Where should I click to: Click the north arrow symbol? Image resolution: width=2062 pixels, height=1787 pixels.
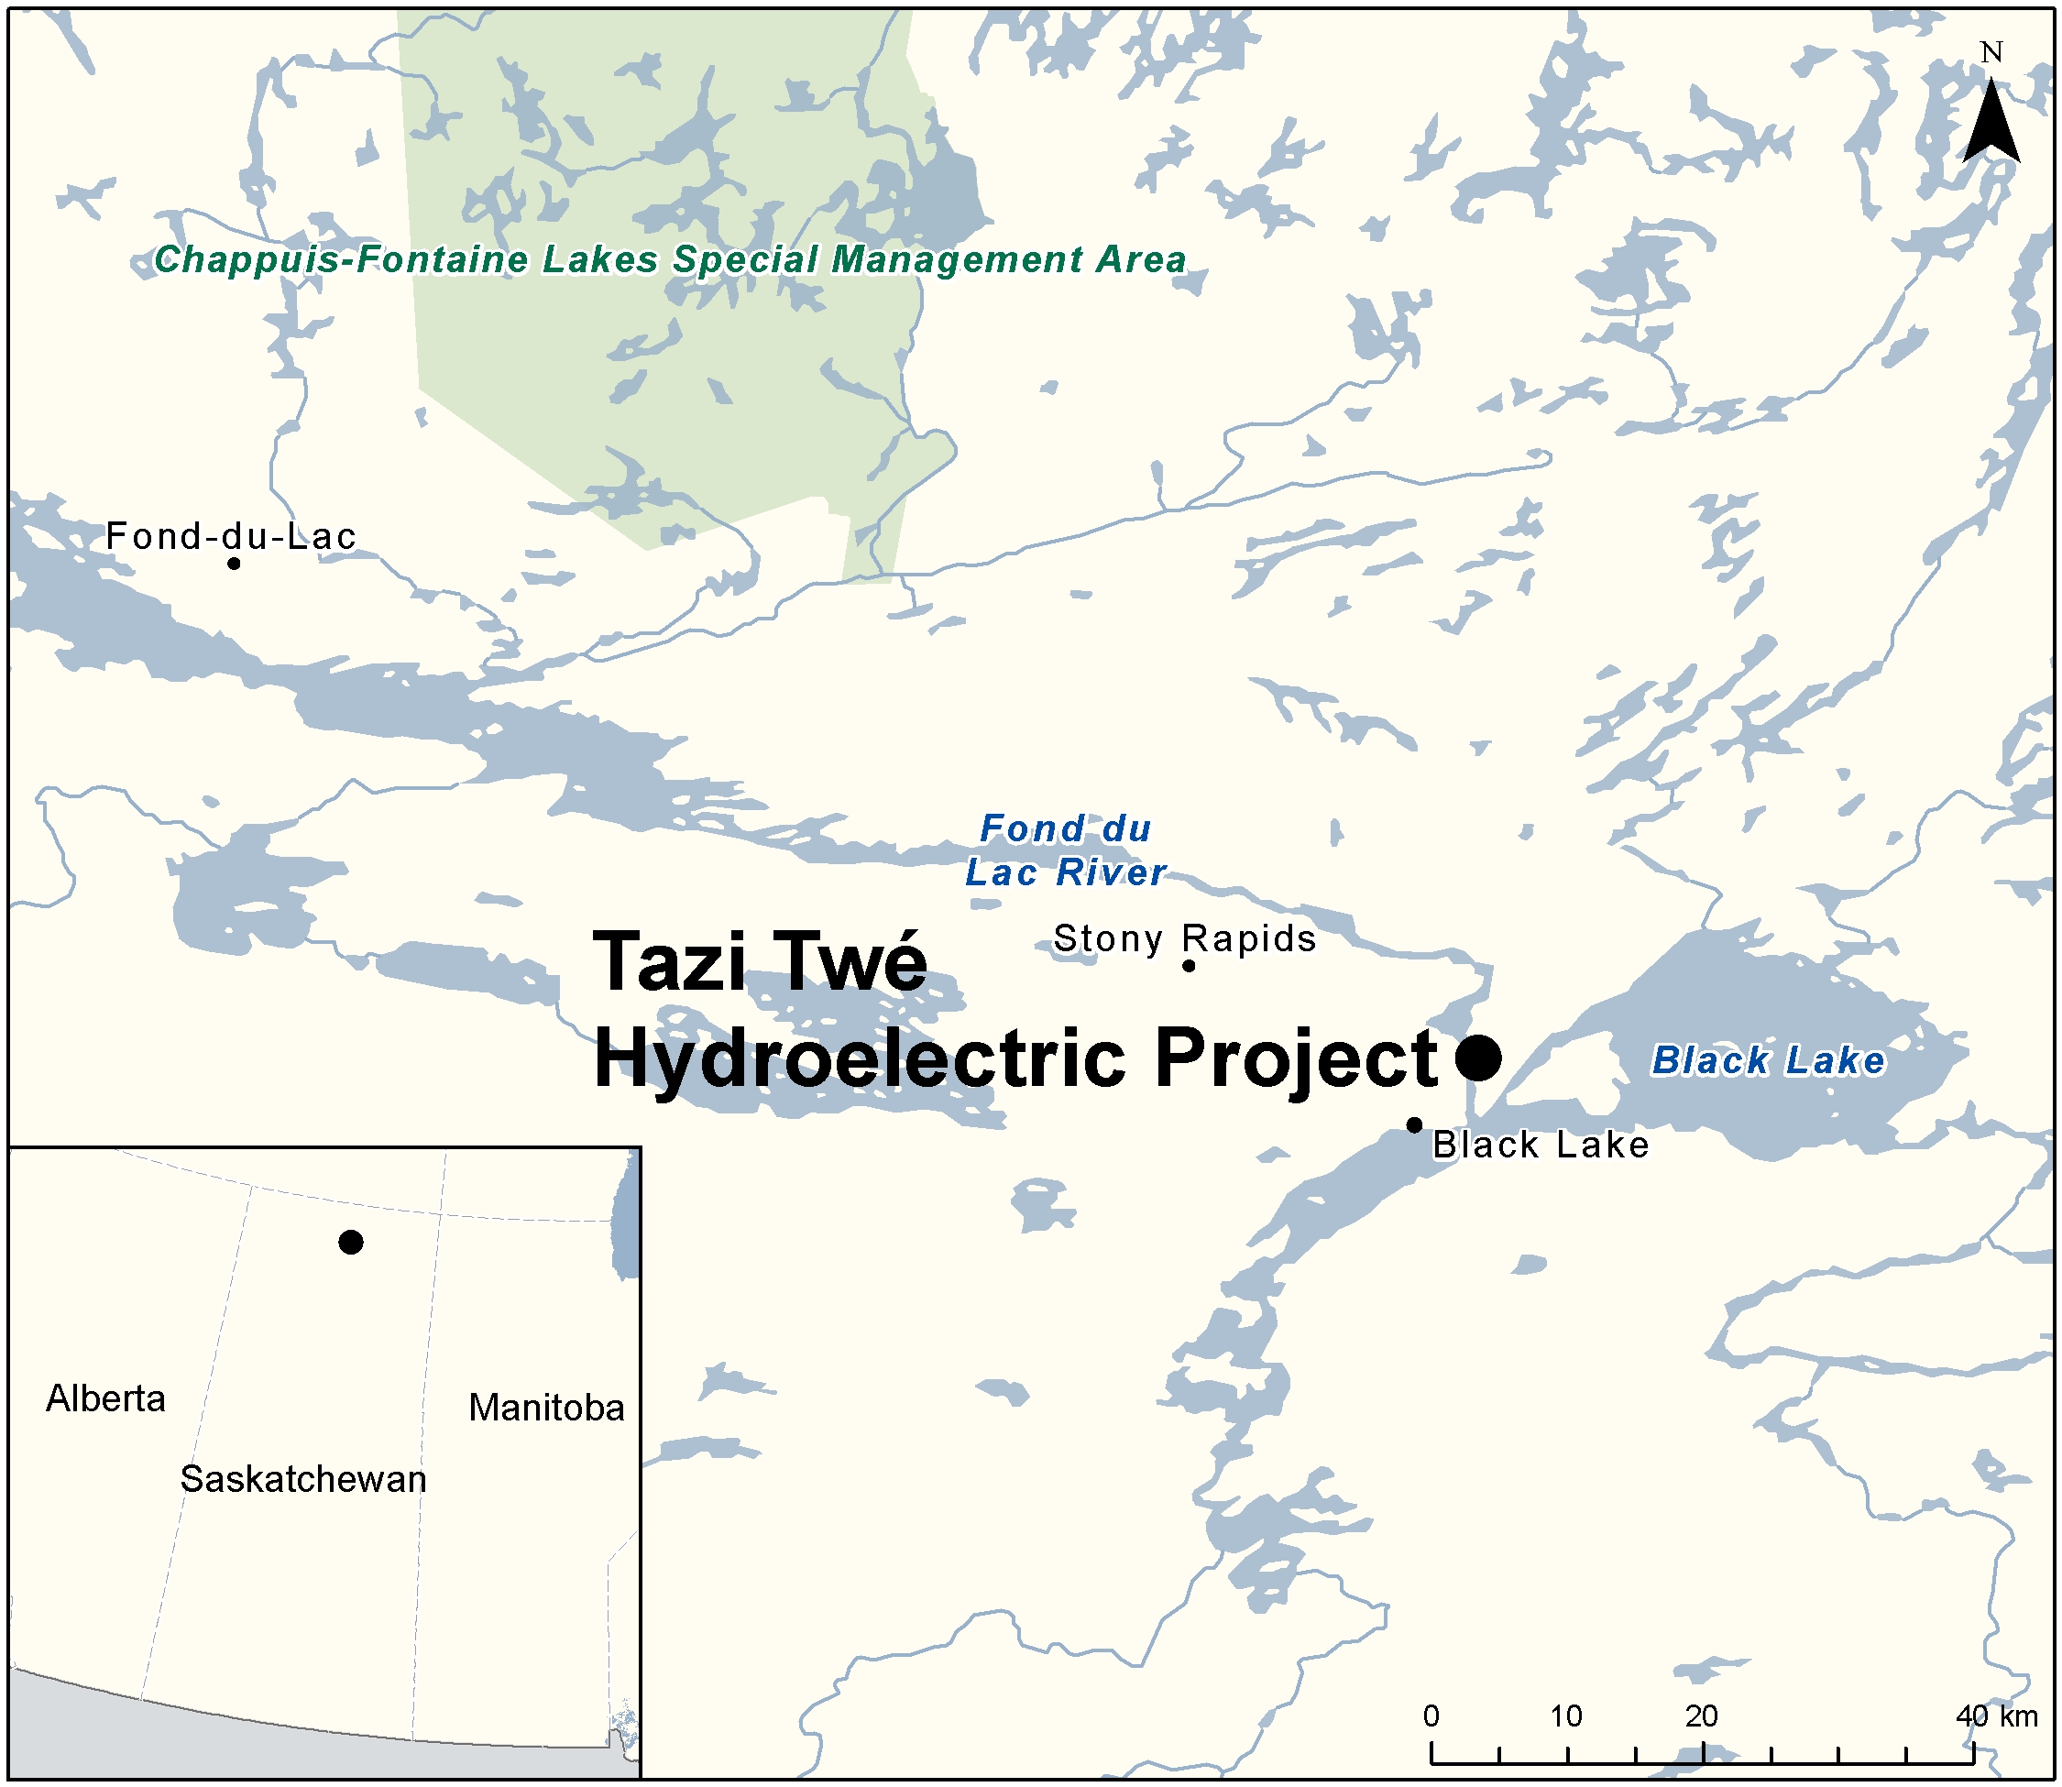pos(1991,125)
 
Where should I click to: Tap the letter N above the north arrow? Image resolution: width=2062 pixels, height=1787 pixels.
pos(1991,53)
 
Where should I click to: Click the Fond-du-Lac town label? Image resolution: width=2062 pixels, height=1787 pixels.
pos(230,536)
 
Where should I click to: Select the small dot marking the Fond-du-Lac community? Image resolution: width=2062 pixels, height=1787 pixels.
pos(234,564)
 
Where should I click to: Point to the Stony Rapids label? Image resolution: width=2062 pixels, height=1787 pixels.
pos(1185,938)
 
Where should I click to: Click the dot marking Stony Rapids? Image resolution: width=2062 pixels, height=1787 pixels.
pos(1189,965)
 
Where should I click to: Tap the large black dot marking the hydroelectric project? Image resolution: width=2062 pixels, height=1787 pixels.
pos(1479,1057)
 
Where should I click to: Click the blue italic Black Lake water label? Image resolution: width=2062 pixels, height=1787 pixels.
pos(1768,1060)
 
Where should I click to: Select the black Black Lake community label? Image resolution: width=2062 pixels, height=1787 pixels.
pos(1541,1145)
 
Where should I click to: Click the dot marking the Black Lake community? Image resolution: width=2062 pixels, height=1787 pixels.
pos(1414,1124)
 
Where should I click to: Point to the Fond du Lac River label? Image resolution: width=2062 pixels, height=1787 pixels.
pos(1065,850)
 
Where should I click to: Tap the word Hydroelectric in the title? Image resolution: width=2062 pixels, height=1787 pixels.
pos(860,1058)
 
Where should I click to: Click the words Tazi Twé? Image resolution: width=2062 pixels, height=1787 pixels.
pos(760,961)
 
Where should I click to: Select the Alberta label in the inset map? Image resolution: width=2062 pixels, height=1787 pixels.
pos(105,1399)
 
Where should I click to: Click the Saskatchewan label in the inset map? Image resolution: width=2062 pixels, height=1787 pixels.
pos(303,1479)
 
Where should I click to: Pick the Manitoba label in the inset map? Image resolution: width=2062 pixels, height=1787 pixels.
pos(546,1408)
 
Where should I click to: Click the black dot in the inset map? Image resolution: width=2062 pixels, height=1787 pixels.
pos(351,1242)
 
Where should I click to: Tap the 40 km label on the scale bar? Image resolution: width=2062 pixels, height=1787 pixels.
pos(1996,1716)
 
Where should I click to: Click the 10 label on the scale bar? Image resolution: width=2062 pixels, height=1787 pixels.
pos(1565,1716)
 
